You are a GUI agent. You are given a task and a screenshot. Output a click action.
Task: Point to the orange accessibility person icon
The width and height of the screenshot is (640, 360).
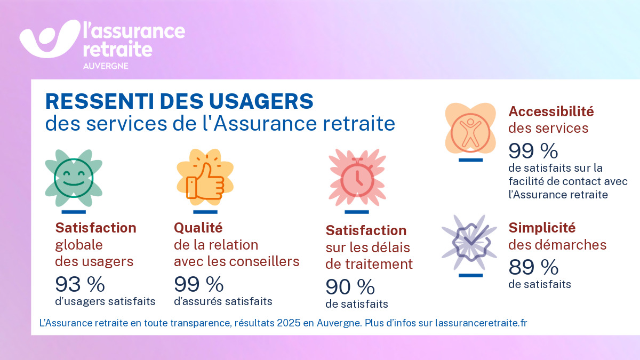[470, 131]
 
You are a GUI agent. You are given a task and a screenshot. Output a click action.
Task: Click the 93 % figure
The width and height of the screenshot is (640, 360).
[80, 285]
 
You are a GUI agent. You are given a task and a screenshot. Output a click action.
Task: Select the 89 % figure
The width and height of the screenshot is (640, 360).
[533, 266]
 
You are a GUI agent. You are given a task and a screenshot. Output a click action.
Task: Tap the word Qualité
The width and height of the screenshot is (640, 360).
[198, 228]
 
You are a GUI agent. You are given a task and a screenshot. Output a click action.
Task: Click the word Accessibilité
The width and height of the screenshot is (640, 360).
[551, 111]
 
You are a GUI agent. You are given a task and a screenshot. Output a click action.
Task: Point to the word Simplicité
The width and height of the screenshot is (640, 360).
[542, 228]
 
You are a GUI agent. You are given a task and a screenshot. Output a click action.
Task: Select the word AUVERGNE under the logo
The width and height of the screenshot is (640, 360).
[105, 67]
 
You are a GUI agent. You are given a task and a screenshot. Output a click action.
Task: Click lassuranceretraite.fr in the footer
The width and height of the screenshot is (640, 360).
[481, 323]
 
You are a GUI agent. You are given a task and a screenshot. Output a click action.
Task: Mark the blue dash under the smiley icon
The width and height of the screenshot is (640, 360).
[74, 212]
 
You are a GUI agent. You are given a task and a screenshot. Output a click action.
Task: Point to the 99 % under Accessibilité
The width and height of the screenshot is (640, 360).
[533, 151]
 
